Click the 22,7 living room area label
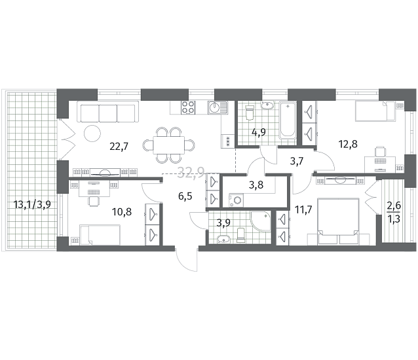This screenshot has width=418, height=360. click(x=119, y=146)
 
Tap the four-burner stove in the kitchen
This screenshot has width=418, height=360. click(x=188, y=107)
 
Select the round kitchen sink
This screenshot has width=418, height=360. click(x=214, y=107)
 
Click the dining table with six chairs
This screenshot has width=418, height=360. click(x=169, y=145)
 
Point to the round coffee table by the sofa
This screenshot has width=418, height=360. click(x=92, y=134)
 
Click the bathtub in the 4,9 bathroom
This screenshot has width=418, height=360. click(x=288, y=120)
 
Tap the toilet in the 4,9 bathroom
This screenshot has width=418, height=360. click(x=250, y=112)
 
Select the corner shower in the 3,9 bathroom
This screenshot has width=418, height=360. click(x=261, y=221)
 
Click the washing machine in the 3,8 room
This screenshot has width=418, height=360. click(x=237, y=200)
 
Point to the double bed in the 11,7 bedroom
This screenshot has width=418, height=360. click(x=339, y=221)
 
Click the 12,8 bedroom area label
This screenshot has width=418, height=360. click(x=348, y=144)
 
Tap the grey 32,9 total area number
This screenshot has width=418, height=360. click(x=191, y=173)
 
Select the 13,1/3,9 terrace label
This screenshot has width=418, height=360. click(x=32, y=205)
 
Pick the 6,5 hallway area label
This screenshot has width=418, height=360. click(x=185, y=196)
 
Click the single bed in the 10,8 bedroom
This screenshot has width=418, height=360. click(x=100, y=235)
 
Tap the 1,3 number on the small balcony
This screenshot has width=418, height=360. click(x=394, y=219)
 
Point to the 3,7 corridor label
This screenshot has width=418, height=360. click(x=297, y=161)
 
